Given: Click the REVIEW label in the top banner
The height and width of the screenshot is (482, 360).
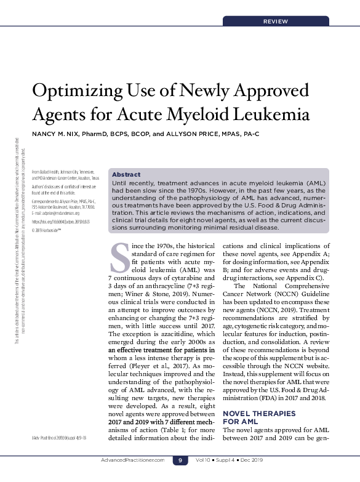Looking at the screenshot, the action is [275, 22].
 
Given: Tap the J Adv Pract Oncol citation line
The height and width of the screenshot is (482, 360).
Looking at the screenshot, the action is [57, 438].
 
